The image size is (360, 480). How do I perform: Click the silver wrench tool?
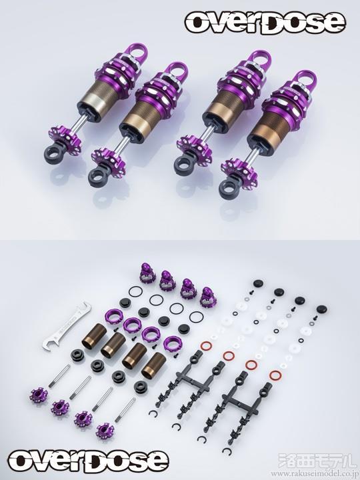tap(66, 326)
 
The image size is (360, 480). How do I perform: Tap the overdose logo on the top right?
tap(265, 23)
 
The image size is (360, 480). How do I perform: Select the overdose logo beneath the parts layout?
tap(88, 461)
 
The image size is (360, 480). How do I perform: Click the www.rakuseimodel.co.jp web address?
tap(315, 474)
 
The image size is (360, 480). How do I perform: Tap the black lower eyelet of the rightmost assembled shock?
tap(228, 189)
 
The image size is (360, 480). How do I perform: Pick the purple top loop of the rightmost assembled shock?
tap(305, 80)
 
